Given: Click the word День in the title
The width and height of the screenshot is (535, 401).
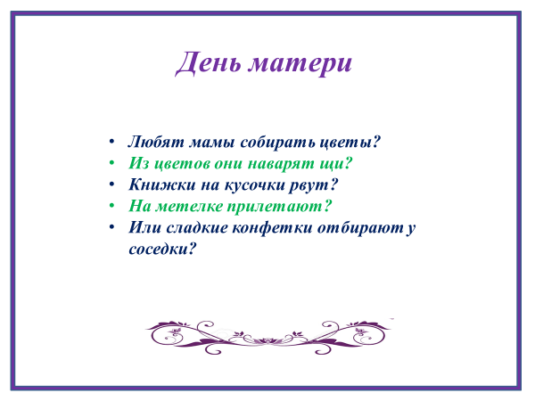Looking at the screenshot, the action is pos(208,62).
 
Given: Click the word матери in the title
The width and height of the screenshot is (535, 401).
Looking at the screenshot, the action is pos(300,65).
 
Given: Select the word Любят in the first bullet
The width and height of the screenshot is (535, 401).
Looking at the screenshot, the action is pos(156,142).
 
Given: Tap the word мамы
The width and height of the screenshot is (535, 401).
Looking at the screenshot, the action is pos(211,143).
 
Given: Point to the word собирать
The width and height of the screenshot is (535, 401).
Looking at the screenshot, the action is pos(277,142).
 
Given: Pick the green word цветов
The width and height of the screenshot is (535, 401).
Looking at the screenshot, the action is pos(182,164).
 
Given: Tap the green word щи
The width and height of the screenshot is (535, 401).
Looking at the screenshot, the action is pos(335,164).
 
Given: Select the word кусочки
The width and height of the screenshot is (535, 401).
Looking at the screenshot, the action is pos(254,185).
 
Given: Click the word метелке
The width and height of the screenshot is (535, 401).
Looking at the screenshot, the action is pos(189,207).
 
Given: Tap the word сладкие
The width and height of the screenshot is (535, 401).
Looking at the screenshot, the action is pos(197,227).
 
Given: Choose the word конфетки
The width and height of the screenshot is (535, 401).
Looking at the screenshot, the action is pos(272,227).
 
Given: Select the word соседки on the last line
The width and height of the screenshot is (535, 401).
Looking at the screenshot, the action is pos(163,249).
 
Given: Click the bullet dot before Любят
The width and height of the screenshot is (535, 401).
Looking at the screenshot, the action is pos(111,142).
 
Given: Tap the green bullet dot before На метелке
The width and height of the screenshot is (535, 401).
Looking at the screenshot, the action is pos(111,206).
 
